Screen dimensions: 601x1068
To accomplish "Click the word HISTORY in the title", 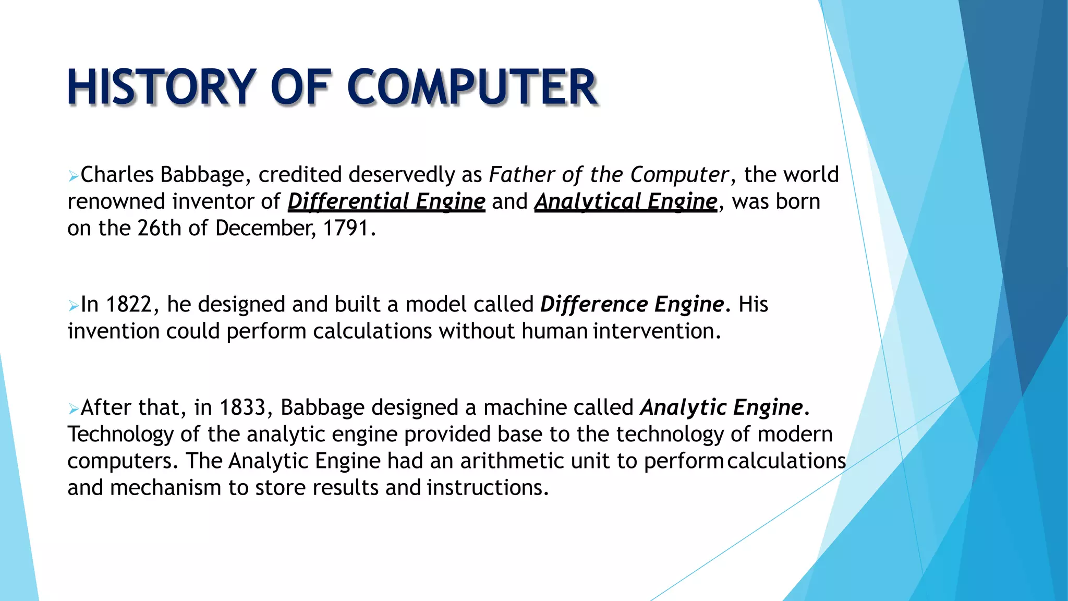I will click(162, 87).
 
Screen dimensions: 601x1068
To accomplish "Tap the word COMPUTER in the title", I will click(472, 87).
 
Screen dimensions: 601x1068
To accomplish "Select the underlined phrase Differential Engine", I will click(386, 202).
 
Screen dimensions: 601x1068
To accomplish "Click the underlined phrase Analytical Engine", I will click(626, 202).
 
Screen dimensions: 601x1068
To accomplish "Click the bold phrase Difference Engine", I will click(632, 305).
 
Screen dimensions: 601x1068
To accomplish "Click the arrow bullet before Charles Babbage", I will click(73, 176).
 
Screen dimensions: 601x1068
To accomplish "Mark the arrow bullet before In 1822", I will click(73, 306).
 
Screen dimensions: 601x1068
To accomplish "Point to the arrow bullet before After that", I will click(73, 409).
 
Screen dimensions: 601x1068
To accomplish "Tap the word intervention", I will click(656, 331).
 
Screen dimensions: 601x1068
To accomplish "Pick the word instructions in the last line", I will click(487, 488).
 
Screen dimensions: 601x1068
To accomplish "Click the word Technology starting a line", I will click(120, 435).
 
